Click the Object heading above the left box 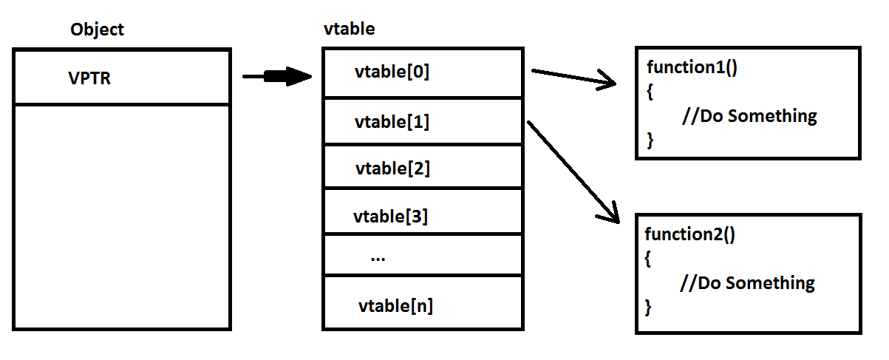tap(97, 30)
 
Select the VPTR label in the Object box tap(89, 78)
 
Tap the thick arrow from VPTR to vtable tap(277, 76)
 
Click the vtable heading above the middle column tap(349, 30)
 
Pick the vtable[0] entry tap(392, 72)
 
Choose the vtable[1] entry tap(392, 121)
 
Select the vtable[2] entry tap(392, 169)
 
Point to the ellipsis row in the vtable tap(378, 258)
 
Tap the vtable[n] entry tap(395, 305)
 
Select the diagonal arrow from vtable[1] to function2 tap(573, 171)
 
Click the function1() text tap(692, 67)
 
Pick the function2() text tap(690, 234)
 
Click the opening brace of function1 tap(650, 92)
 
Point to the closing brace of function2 tap(649, 307)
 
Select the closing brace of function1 tap(650, 140)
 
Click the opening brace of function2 tap(649, 259)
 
